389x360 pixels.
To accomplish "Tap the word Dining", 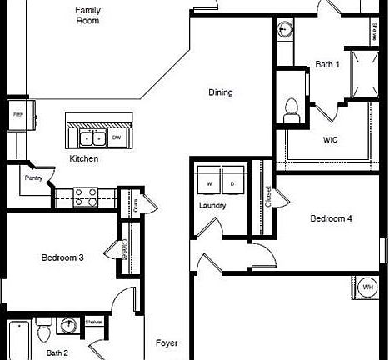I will point(220,92).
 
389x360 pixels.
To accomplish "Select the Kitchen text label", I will point(84,158).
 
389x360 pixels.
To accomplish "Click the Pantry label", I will point(34,177).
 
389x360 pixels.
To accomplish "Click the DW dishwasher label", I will point(116,137).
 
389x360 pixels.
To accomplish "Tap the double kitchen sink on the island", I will point(92,138).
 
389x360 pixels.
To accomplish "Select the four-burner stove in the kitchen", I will point(85,197).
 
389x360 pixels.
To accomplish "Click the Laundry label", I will point(213,204).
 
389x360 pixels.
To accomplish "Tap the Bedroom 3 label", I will point(62,257).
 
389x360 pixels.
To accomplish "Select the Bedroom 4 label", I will point(332,219).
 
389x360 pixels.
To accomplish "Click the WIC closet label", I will point(330,139).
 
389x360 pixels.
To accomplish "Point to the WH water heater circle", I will point(367,288).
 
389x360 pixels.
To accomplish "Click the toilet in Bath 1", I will point(292,108).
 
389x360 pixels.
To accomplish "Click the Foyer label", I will point(167,342).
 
